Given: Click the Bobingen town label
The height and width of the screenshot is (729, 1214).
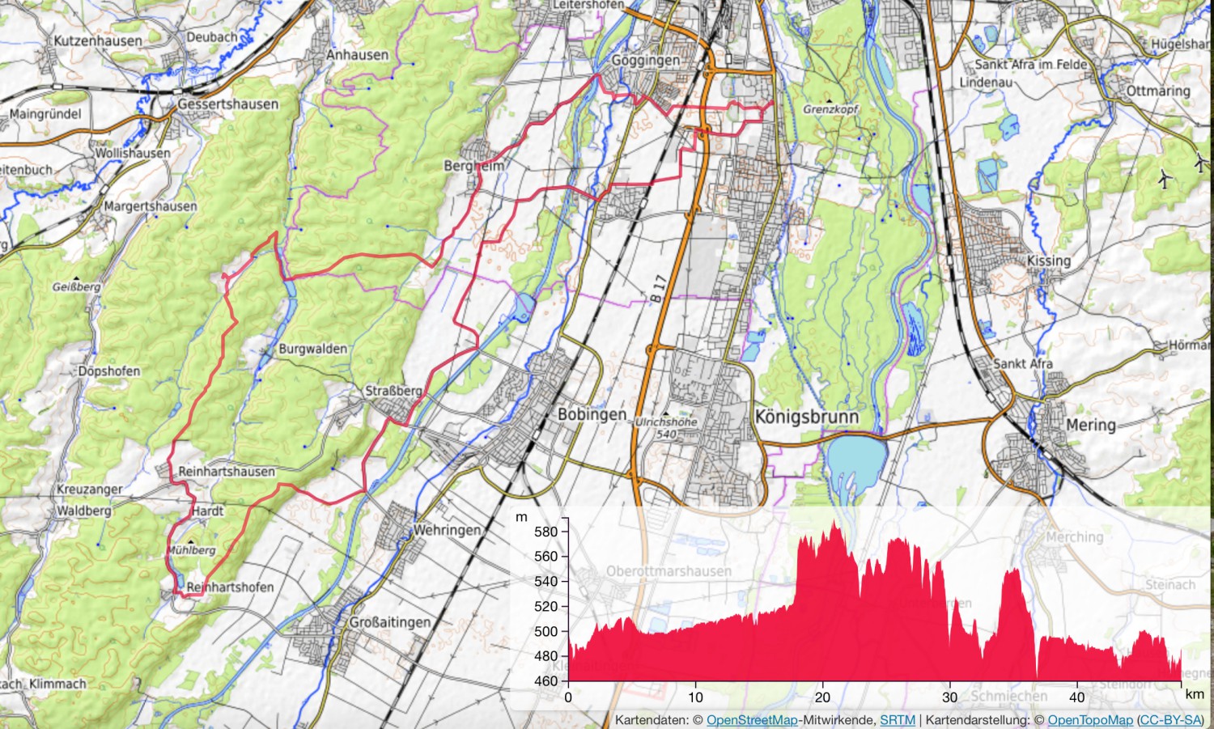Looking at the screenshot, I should click(x=592, y=414).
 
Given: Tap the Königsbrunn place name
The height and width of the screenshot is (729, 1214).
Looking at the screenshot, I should click(x=806, y=417).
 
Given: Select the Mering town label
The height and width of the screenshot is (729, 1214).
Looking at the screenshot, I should click(x=1090, y=426).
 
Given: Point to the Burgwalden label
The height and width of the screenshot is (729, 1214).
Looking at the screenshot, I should click(x=312, y=350).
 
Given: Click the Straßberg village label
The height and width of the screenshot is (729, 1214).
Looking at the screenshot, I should click(x=393, y=392).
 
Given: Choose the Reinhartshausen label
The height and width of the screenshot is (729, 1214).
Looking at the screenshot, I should click(x=227, y=471).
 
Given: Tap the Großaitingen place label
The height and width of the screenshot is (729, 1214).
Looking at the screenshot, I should click(x=390, y=622).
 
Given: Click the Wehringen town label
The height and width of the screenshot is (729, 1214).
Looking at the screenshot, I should click(x=447, y=531).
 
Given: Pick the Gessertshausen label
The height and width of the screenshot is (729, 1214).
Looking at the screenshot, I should click(x=227, y=104).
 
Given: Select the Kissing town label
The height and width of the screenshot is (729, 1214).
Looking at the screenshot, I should click(x=1048, y=261).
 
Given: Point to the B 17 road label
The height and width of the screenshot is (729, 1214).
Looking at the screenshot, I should click(x=658, y=288).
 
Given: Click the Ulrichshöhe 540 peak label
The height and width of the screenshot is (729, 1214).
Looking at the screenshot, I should click(x=666, y=428).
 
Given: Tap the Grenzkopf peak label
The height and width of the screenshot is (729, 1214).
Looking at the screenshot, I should click(x=830, y=109).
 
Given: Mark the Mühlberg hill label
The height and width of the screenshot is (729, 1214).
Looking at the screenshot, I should click(x=191, y=550).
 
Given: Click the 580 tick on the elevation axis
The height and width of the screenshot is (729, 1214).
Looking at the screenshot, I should click(x=546, y=532).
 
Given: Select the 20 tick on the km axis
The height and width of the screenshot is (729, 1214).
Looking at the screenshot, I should click(x=822, y=697).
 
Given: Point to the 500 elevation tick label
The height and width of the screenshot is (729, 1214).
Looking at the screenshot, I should click(x=546, y=631).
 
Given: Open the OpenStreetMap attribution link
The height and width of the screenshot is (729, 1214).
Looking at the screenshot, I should click(x=752, y=720).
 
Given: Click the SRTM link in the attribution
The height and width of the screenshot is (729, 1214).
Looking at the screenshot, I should click(x=898, y=720).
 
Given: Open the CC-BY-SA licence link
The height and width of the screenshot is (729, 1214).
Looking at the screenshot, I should click(x=1170, y=720).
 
